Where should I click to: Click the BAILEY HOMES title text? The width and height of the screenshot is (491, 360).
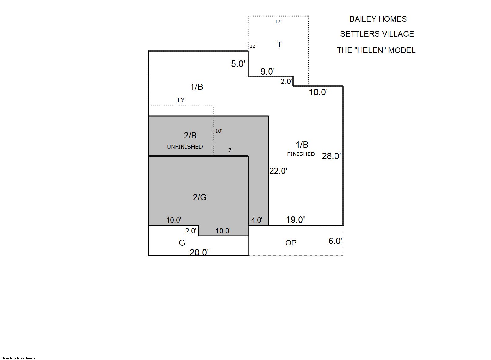378,19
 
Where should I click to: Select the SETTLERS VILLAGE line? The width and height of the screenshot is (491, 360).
377,34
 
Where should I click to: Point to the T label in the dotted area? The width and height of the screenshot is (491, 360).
279,45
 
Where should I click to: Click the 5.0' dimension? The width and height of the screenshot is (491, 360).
238,64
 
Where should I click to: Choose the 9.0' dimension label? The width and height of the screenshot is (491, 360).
267,72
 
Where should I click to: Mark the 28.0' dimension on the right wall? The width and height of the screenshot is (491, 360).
331,156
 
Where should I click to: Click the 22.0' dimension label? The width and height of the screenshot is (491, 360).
278,171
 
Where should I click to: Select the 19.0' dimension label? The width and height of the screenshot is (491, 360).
295,220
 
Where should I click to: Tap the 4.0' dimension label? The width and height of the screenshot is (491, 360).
257,220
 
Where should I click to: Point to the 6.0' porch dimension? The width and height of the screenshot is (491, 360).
335,241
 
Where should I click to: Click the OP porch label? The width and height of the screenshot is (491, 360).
291,243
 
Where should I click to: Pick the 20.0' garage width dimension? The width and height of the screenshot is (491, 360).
199,253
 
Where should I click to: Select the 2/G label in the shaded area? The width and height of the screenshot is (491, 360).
200,197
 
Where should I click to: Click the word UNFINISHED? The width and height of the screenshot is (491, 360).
185,146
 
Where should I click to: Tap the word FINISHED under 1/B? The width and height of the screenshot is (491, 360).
301,154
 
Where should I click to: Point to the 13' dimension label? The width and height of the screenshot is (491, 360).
181,100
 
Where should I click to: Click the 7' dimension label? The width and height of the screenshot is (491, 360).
230,150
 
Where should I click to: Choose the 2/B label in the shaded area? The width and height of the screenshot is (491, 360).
190,136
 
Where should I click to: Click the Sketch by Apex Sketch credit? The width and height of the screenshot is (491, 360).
18,358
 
